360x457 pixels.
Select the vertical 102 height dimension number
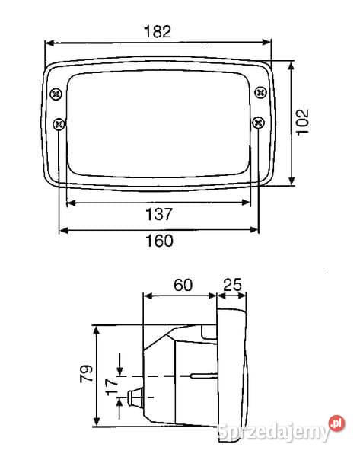(302, 121)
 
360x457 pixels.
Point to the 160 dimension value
(158, 241)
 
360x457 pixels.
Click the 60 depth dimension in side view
(183, 285)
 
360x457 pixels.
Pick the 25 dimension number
(232, 285)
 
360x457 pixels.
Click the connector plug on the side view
(137, 398)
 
